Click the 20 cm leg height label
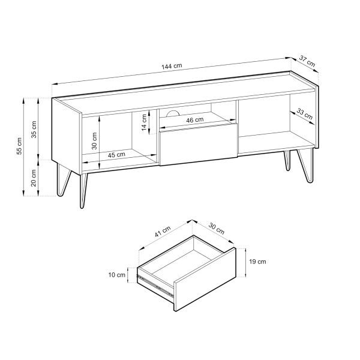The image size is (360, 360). pos(34,178)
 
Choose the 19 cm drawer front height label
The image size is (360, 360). pos(257,262)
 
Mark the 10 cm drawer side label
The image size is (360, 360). pos(117,275)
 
